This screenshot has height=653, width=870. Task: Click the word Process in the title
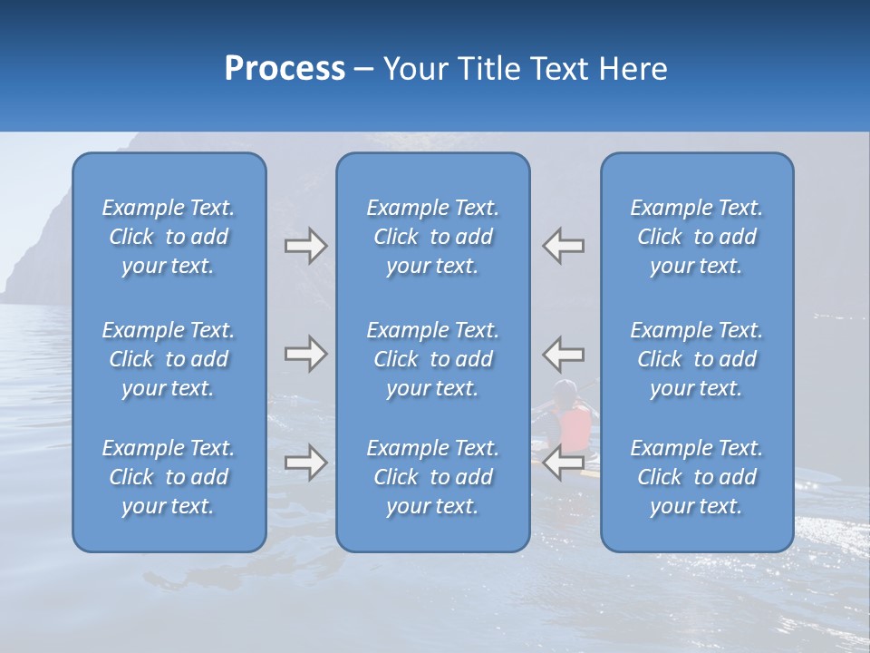pos(285,69)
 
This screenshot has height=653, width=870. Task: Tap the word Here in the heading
pos(633,69)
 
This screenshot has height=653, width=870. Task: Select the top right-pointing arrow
pos(306,246)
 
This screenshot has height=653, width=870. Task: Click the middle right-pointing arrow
pos(306,354)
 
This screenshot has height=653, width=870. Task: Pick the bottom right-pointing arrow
pos(306,463)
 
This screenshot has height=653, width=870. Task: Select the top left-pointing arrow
pos(564,246)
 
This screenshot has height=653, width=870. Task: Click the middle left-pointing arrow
pos(564,354)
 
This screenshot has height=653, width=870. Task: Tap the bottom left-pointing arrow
pos(564,463)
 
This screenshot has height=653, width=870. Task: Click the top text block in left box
pos(169,237)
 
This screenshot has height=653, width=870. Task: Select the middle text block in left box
pos(169,359)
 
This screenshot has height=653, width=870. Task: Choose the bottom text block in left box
pos(169,477)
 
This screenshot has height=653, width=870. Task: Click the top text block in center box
pos(432,237)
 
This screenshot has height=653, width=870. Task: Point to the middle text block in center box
pos(432,359)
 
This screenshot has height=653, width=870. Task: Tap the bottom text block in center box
pos(432,477)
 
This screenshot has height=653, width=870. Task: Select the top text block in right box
pos(696,237)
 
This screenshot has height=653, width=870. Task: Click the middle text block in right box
pos(696,359)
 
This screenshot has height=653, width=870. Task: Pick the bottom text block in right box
pos(696,477)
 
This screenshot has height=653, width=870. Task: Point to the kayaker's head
pos(565,392)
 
